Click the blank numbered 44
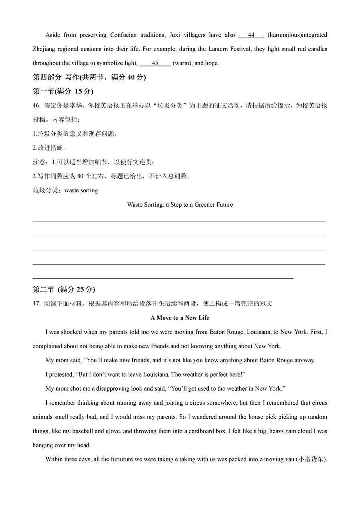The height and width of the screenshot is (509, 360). click(251, 35)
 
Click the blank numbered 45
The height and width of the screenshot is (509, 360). click(155, 63)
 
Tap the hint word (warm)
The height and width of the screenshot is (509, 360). click(182, 63)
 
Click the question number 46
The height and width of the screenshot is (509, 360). click(36, 106)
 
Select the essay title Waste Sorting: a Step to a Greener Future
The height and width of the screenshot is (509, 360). click(180, 205)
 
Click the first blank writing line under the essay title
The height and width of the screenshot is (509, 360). click(178, 222)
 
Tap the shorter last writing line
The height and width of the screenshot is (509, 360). click(162, 278)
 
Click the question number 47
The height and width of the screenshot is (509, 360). click(36, 303)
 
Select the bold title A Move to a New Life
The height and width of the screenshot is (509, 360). click(180, 318)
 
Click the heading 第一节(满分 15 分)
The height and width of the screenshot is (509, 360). click(63, 92)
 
